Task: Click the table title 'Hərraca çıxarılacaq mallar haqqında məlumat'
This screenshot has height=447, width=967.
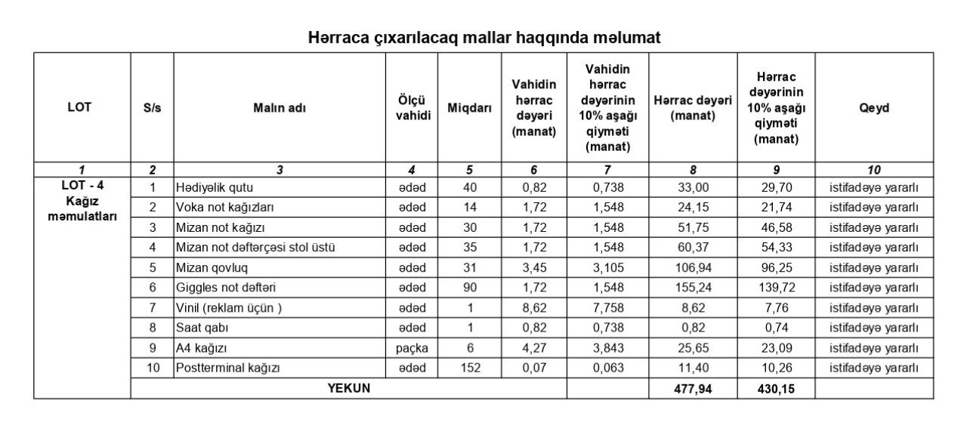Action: [x=484, y=38]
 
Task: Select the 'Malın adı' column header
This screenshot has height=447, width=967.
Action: [x=280, y=107]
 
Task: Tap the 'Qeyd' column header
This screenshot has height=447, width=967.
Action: [x=873, y=107]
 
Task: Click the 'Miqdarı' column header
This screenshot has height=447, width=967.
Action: [x=470, y=107]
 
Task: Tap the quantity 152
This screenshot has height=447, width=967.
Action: [x=470, y=368]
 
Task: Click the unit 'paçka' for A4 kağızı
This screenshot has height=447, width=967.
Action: [x=412, y=348]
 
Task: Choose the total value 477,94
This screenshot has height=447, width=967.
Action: [x=693, y=389]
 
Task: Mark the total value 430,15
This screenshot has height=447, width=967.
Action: [x=777, y=389]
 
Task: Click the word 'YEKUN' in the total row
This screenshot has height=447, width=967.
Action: [x=348, y=388]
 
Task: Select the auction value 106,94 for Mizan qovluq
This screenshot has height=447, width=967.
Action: [x=693, y=267]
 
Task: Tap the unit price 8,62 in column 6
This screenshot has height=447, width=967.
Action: [x=534, y=308]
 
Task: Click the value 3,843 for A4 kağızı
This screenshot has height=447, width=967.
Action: [x=607, y=348]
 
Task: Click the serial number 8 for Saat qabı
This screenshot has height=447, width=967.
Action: [x=152, y=328]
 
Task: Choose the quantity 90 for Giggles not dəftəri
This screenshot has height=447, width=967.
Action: [x=470, y=288]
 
